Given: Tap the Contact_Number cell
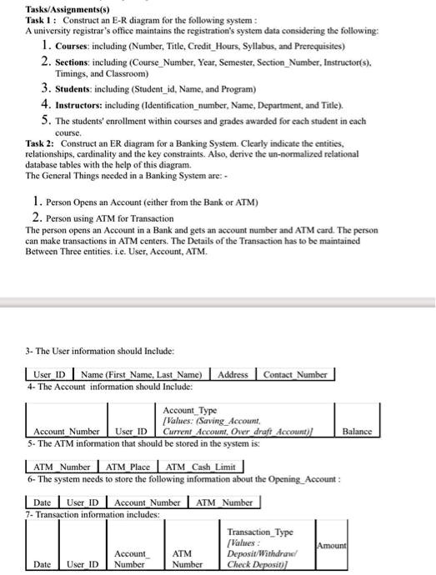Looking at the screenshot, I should point(295,375).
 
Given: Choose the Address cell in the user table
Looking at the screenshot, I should point(233,375).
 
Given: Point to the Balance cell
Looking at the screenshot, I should point(358,431).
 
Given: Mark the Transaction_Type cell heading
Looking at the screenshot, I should point(259,531).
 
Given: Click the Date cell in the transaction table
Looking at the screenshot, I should point(42,565).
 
